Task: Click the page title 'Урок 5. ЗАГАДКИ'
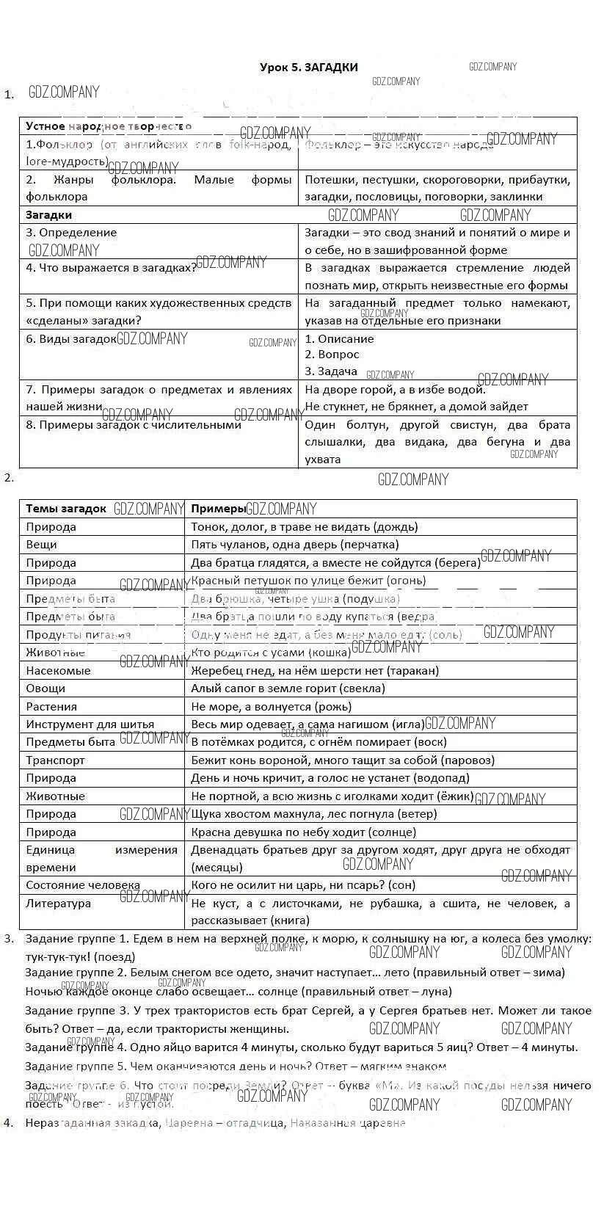coord(309,68)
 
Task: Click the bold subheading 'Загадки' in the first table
coord(49,215)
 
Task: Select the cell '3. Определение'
coord(71,233)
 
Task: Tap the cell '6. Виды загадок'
coord(71,339)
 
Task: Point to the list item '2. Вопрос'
coord(332,355)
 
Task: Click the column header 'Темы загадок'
coord(66,509)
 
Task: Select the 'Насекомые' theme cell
coord(58,670)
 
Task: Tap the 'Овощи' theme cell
coord(46,689)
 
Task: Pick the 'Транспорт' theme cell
coord(55,760)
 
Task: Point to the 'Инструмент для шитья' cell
coord(90,724)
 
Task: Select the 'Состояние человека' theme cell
coord(83,885)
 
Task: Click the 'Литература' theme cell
coord(58,904)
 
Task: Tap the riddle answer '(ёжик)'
coord(456,796)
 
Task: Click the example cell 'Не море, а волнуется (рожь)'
coord(271,707)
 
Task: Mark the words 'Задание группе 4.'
coord(76,1047)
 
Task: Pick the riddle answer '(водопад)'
coord(444,778)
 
